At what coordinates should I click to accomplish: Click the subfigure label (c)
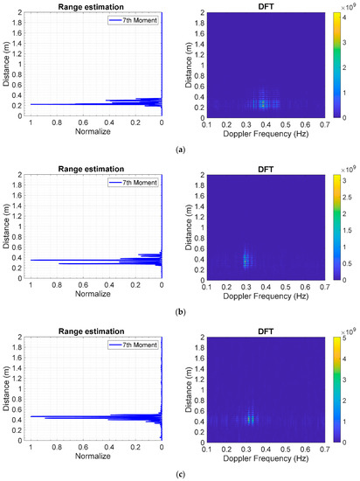point(180,473)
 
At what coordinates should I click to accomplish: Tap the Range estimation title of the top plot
point(95,7)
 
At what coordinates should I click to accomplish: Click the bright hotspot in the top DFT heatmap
point(263,103)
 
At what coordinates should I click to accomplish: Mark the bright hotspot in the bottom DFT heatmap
point(252,418)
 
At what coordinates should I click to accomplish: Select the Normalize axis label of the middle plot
point(95,301)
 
